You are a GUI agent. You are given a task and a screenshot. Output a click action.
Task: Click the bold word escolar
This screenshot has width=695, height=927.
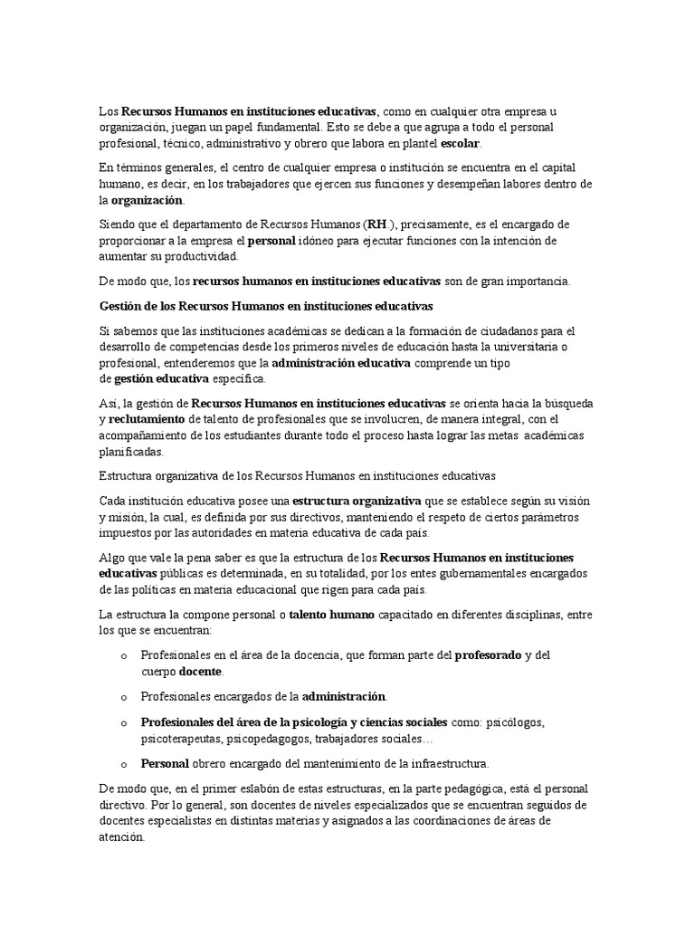tap(461, 144)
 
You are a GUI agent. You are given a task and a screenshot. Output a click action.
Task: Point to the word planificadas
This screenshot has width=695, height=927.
tap(130, 451)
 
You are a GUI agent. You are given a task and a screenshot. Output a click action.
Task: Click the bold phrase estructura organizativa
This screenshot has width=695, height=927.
tap(355, 500)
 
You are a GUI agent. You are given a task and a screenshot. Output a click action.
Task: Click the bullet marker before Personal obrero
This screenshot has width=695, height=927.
tap(123, 762)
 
